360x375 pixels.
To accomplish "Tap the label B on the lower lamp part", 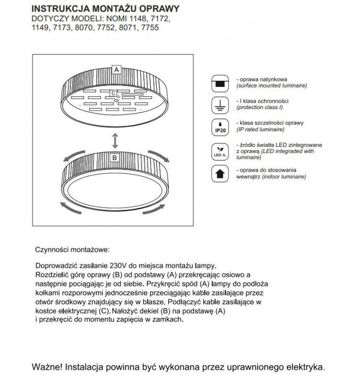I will [x=115, y=158].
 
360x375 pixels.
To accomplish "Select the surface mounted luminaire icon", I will [x=220, y=84].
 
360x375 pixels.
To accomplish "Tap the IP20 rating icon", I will [x=220, y=127].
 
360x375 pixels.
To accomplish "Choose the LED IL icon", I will [x=220, y=151].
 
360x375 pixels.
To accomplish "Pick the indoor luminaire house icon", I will [x=220, y=174].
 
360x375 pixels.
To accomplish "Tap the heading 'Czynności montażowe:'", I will [x=72, y=250].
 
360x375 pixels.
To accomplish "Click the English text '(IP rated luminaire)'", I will [x=260, y=129].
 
